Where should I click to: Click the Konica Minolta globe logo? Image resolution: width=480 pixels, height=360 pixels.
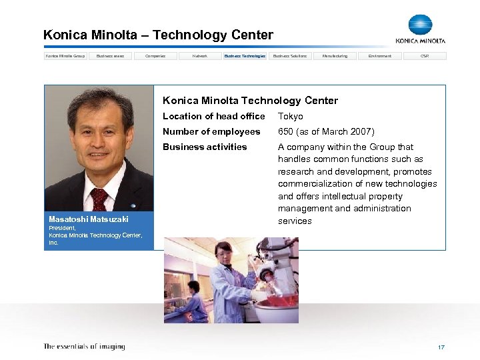pyautogui.click(x=420, y=25)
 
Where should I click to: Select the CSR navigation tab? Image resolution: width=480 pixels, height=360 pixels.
pyautogui.click(x=425, y=56)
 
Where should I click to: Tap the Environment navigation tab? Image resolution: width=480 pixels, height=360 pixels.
pyautogui.click(x=380, y=56)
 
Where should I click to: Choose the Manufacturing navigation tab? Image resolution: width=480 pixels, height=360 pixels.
pyautogui.click(x=335, y=56)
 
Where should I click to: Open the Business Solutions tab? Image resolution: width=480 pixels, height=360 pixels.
pyautogui.click(x=290, y=56)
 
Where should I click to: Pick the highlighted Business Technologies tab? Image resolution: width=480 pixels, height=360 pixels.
pyautogui.click(x=245, y=56)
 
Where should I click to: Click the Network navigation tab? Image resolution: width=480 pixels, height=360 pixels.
pyautogui.click(x=200, y=56)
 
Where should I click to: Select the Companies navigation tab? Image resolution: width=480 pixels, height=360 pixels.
pyautogui.click(x=155, y=56)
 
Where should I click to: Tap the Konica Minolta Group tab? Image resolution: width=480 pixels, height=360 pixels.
pyautogui.click(x=65, y=56)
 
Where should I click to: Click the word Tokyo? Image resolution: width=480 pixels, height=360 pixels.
pyautogui.click(x=290, y=117)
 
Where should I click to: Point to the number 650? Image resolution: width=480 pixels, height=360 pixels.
pyautogui.click(x=286, y=132)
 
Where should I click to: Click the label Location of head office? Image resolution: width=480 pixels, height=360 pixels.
pyautogui.click(x=213, y=117)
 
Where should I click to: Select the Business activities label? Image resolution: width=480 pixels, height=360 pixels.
pyautogui.click(x=205, y=147)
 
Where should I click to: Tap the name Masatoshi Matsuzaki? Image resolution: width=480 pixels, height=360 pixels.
pyautogui.click(x=89, y=219)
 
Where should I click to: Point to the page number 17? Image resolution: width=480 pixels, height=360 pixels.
pyautogui.click(x=441, y=347)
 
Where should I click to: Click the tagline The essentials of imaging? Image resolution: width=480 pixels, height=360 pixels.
pyautogui.click(x=84, y=347)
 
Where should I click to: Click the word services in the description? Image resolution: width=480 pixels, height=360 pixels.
pyautogui.click(x=295, y=221)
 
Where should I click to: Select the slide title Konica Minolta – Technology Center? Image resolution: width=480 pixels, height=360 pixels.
pyautogui.click(x=158, y=35)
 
